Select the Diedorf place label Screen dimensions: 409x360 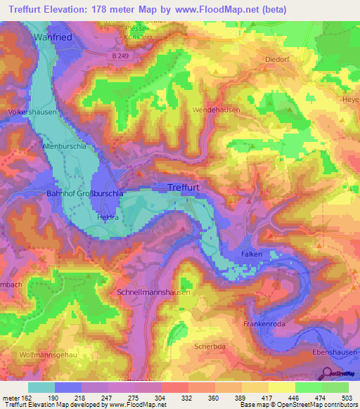tap(278, 60)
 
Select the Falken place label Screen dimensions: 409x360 tap(251, 254)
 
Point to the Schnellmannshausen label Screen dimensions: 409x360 tap(155, 292)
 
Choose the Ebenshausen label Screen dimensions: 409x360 tap(333, 351)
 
